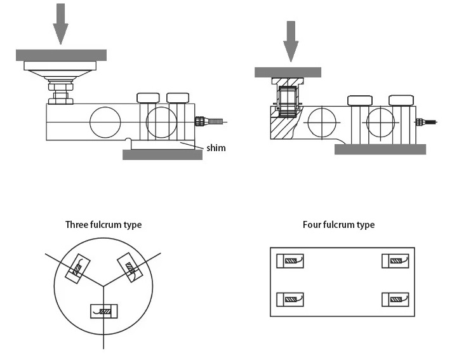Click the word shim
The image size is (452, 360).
[216, 148]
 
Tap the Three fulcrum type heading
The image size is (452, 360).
[103, 225]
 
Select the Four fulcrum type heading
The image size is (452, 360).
[339, 225]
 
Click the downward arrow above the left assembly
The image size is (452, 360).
[60, 23]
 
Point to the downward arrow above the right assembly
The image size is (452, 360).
[291, 41]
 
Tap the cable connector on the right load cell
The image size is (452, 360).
[426, 122]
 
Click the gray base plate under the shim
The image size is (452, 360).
[163, 155]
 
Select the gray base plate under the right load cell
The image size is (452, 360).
[380, 149]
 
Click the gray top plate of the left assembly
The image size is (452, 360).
[61, 55]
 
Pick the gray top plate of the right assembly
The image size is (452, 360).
[288, 72]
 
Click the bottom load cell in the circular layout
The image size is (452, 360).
[103, 311]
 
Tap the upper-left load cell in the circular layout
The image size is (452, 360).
[78, 269]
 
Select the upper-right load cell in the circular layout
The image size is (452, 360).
[130, 267]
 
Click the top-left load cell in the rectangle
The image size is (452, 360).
[290, 261]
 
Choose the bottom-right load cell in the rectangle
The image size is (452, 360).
[395, 300]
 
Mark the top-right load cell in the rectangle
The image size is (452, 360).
[395, 261]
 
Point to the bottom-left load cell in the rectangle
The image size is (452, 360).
[290, 300]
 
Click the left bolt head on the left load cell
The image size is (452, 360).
[148, 98]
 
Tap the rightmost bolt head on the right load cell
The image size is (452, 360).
[401, 100]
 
